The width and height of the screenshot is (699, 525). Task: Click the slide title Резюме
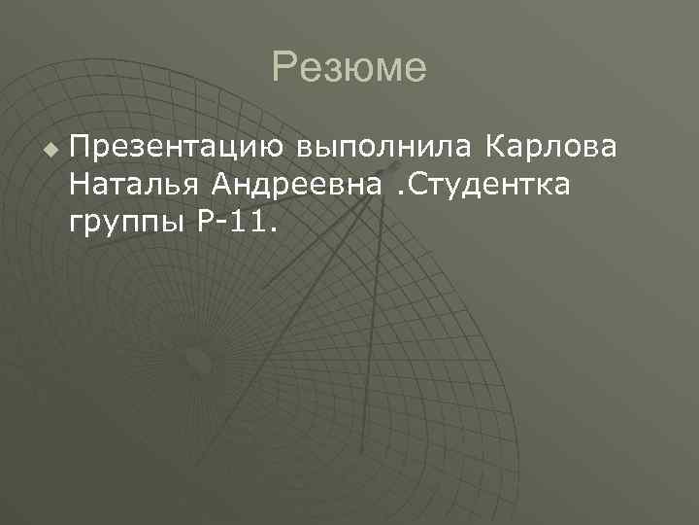tap(349, 68)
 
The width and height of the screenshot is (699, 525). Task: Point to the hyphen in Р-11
tap(221, 226)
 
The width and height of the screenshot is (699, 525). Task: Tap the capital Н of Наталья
tap(80, 186)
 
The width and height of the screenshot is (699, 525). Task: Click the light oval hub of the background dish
tap(200, 363)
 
